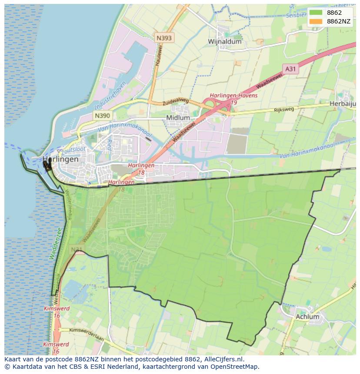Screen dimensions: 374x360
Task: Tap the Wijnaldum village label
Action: coord(224,42)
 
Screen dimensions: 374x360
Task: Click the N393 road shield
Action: coord(164,38)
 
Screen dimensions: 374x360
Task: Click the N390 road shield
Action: coord(102,116)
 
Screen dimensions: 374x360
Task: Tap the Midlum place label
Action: coord(178,118)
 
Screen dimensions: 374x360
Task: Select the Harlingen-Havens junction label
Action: coord(233,96)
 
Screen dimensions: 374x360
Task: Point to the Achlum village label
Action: coord(307,317)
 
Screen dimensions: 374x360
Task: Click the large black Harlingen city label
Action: coord(61,159)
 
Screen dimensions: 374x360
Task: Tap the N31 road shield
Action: coord(77,249)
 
